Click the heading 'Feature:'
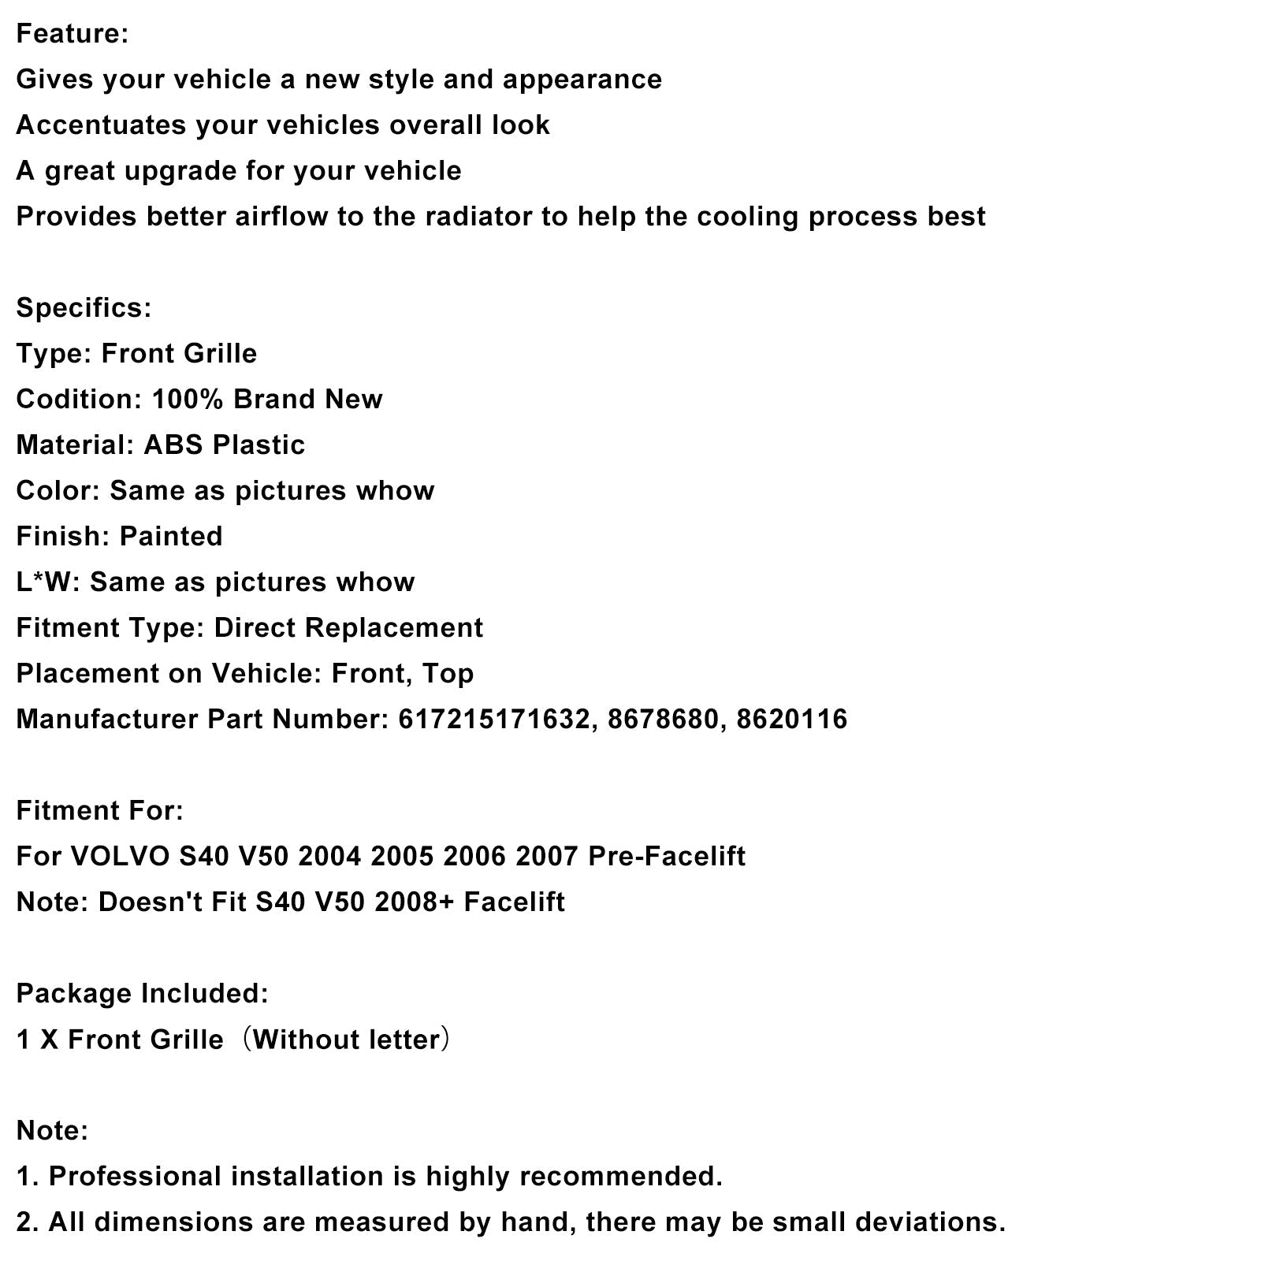click(x=72, y=34)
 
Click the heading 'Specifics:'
click(x=84, y=308)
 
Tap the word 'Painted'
click(x=171, y=537)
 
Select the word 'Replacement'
click(x=393, y=628)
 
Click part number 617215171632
click(x=494, y=720)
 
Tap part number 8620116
click(x=791, y=720)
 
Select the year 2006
click(x=474, y=857)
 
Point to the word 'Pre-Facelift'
click(x=666, y=857)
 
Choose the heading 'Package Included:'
click(x=143, y=994)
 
